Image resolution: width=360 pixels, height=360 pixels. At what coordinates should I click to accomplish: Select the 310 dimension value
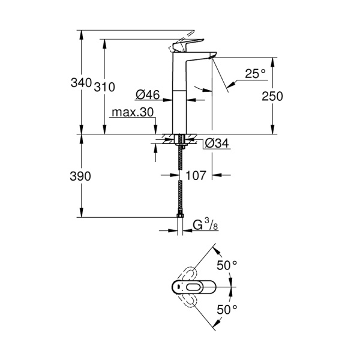pyautogui.click(x=104, y=87)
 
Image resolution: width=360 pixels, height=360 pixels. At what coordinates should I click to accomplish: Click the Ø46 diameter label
pyautogui.click(x=147, y=94)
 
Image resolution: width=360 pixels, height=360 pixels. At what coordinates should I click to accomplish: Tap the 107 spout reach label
pyautogui.click(x=196, y=176)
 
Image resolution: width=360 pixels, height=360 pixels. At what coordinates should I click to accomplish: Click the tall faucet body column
pyautogui.click(x=180, y=96)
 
